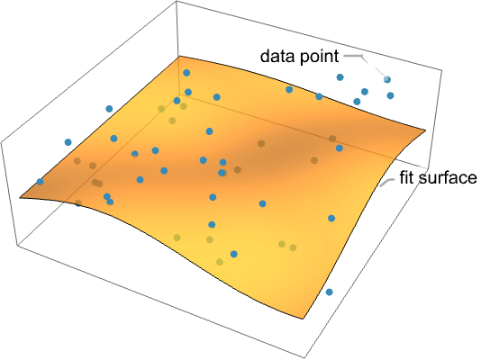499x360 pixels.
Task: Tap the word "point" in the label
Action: point(317,58)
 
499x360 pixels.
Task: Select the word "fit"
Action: point(406,177)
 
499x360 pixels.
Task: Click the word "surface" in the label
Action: point(448,178)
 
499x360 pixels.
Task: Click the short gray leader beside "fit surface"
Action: point(386,182)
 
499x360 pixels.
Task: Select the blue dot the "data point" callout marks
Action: point(387,79)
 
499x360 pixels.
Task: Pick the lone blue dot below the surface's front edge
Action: point(330,292)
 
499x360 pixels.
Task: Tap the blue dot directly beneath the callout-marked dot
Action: point(391,95)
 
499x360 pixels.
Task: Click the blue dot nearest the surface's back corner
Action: point(186,73)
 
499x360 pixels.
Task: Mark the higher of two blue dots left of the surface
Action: point(109,109)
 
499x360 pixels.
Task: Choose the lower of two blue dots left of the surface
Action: point(68,142)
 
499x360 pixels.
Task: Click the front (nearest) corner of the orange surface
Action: point(303,319)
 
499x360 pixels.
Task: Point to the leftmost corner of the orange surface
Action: point(20,198)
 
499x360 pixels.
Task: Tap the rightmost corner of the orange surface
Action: point(426,130)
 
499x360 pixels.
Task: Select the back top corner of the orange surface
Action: point(179,57)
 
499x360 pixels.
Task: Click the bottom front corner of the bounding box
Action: point(304,358)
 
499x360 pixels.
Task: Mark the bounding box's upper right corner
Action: point(441,69)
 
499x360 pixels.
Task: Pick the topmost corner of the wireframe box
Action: point(177,1)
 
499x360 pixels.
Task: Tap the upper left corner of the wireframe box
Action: point(1,142)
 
